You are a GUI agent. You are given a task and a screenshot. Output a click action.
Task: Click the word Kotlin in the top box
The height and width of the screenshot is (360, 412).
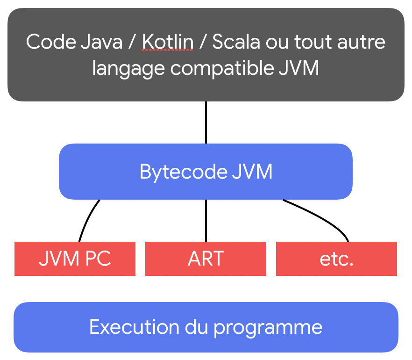tap(168, 42)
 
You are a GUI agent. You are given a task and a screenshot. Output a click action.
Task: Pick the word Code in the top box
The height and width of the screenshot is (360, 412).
tap(46, 42)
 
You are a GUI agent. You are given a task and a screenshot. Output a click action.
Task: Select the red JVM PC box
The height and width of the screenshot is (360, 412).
tap(75, 259)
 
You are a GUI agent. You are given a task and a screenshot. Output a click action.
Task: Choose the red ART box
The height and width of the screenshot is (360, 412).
tap(206, 259)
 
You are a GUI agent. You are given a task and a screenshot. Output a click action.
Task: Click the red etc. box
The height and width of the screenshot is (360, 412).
tap(336, 259)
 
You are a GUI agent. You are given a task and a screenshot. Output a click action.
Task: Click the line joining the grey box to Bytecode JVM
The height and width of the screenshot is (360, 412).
tap(206, 122)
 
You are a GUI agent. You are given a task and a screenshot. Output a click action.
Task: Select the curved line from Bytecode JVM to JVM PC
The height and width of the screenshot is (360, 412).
tap(86, 220)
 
